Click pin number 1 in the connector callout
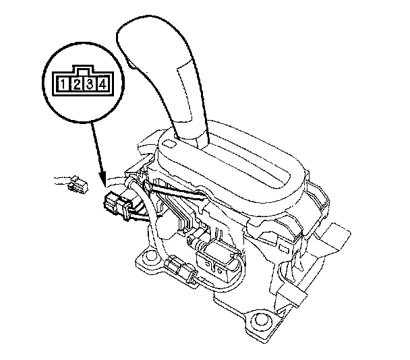pos(63,84)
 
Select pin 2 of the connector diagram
pos(77,84)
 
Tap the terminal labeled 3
pos(90,84)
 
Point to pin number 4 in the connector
pos(102,84)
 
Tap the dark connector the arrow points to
pos(117,204)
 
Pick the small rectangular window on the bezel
pos(169,144)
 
